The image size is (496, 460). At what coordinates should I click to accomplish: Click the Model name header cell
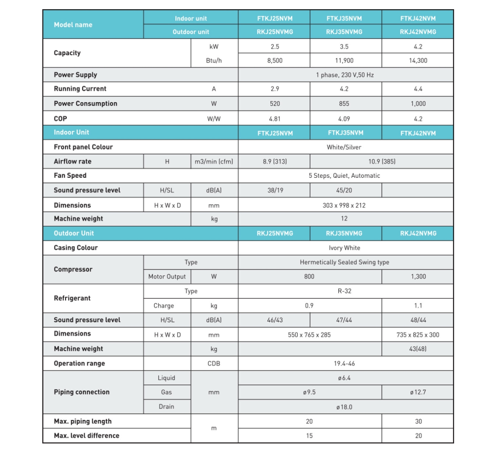coord(73,25)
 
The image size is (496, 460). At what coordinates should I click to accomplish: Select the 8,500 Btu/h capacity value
coord(275,61)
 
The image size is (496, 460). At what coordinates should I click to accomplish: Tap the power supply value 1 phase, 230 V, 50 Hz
coord(345,75)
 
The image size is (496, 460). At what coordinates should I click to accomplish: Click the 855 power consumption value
coord(344,104)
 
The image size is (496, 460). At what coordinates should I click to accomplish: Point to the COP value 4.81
coord(275,119)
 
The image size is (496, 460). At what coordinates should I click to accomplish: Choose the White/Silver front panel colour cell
coord(344,147)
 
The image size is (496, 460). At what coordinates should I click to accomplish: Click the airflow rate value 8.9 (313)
coord(275,162)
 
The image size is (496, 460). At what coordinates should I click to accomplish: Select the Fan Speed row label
coord(70,176)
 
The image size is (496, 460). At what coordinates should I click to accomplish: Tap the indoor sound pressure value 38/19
coord(275,190)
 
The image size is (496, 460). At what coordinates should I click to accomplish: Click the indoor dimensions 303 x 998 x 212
coord(344,205)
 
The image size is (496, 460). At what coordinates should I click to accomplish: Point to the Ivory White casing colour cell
coord(345,248)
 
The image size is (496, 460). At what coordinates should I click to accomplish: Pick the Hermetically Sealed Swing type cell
coord(345,262)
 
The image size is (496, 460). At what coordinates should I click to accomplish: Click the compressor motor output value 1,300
coord(418,277)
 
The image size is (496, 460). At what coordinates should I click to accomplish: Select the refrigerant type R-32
coord(345,291)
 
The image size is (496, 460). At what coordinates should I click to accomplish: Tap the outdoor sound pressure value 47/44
coord(344,320)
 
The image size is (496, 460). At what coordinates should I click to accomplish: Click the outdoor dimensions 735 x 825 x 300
coord(418,335)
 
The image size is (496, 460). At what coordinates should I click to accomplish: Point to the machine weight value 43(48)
coord(418,349)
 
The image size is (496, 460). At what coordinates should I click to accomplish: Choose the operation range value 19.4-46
coord(345,364)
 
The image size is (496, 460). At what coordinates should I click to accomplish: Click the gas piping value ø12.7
coord(418,392)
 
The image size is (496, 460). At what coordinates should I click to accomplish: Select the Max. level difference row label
coord(87,436)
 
